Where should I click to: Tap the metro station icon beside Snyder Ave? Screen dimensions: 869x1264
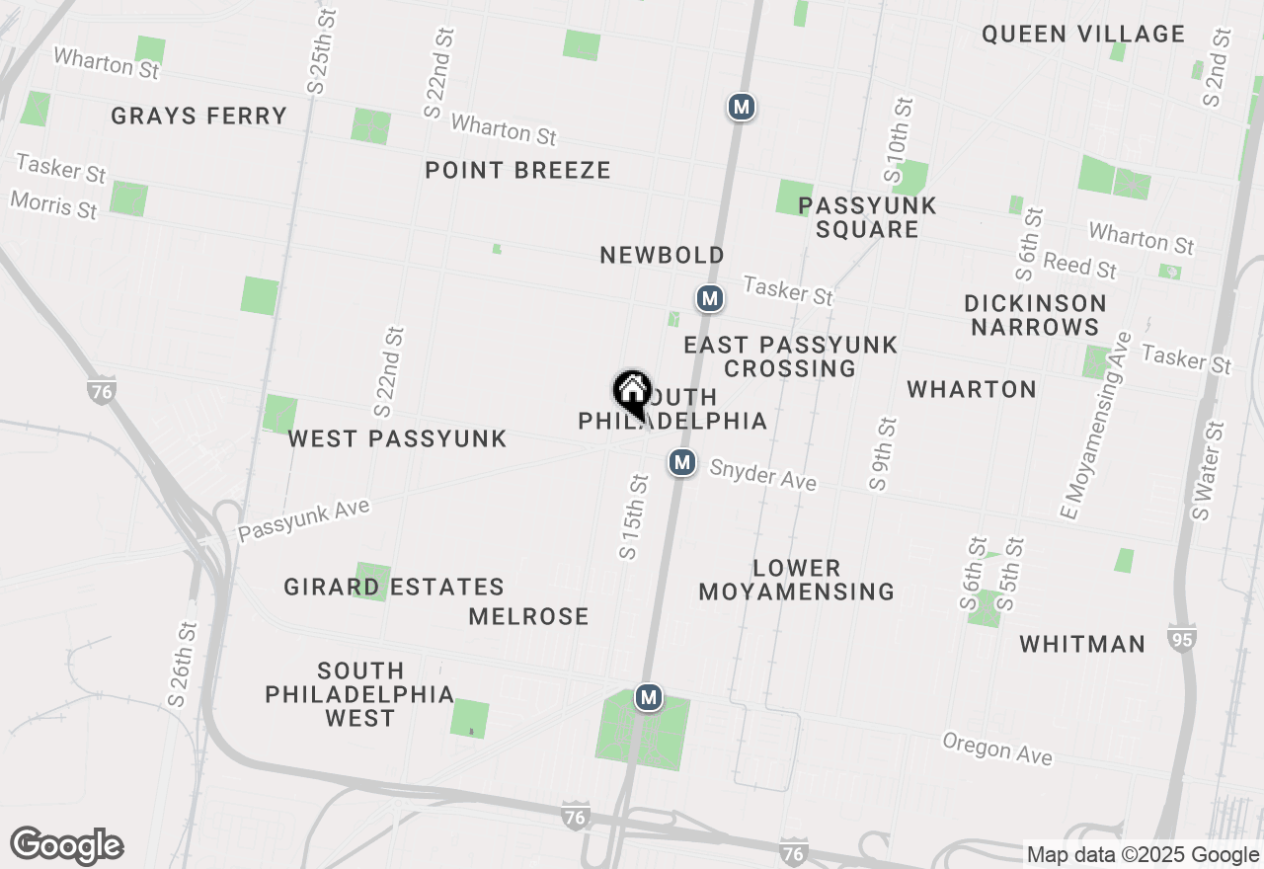coord(681,461)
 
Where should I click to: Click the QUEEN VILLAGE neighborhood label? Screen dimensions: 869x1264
coord(1082,35)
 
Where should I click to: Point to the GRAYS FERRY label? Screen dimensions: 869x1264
coord(198,117)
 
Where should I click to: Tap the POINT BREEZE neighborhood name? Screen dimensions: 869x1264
coord(517,170)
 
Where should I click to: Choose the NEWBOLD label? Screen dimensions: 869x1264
coord(662,256)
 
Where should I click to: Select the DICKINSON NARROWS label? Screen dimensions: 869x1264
coord(1035,315)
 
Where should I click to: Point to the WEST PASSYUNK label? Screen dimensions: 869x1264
coord(397,438)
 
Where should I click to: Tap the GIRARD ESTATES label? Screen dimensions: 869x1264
coord(394,588)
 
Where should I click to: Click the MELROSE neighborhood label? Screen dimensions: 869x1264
coord(528,617)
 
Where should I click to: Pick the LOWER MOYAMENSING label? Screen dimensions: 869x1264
coord(796,580)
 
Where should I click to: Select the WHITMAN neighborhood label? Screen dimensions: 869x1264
coord(1082,645)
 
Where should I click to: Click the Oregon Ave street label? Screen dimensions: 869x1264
coord(996,749)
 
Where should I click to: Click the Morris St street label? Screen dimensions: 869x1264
coord(54,205)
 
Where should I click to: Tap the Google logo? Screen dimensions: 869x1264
coord(66,846)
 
